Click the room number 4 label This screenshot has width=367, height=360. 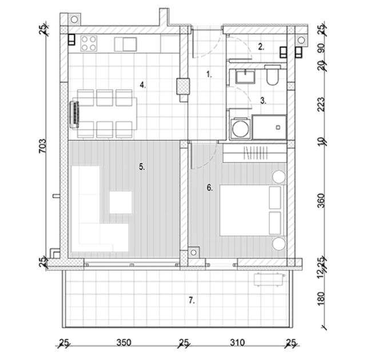(142, 85)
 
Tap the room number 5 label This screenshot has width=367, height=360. (142, 167)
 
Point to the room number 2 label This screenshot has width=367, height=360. (261, 47)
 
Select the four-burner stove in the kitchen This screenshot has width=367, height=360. (89, 43)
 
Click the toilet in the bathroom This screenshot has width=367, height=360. (272, 75)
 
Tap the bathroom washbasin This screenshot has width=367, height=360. (247, 76)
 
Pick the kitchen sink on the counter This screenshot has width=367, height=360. (126, 44)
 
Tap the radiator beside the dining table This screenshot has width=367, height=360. (74, 113)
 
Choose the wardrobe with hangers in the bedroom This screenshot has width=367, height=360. (253, 153)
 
